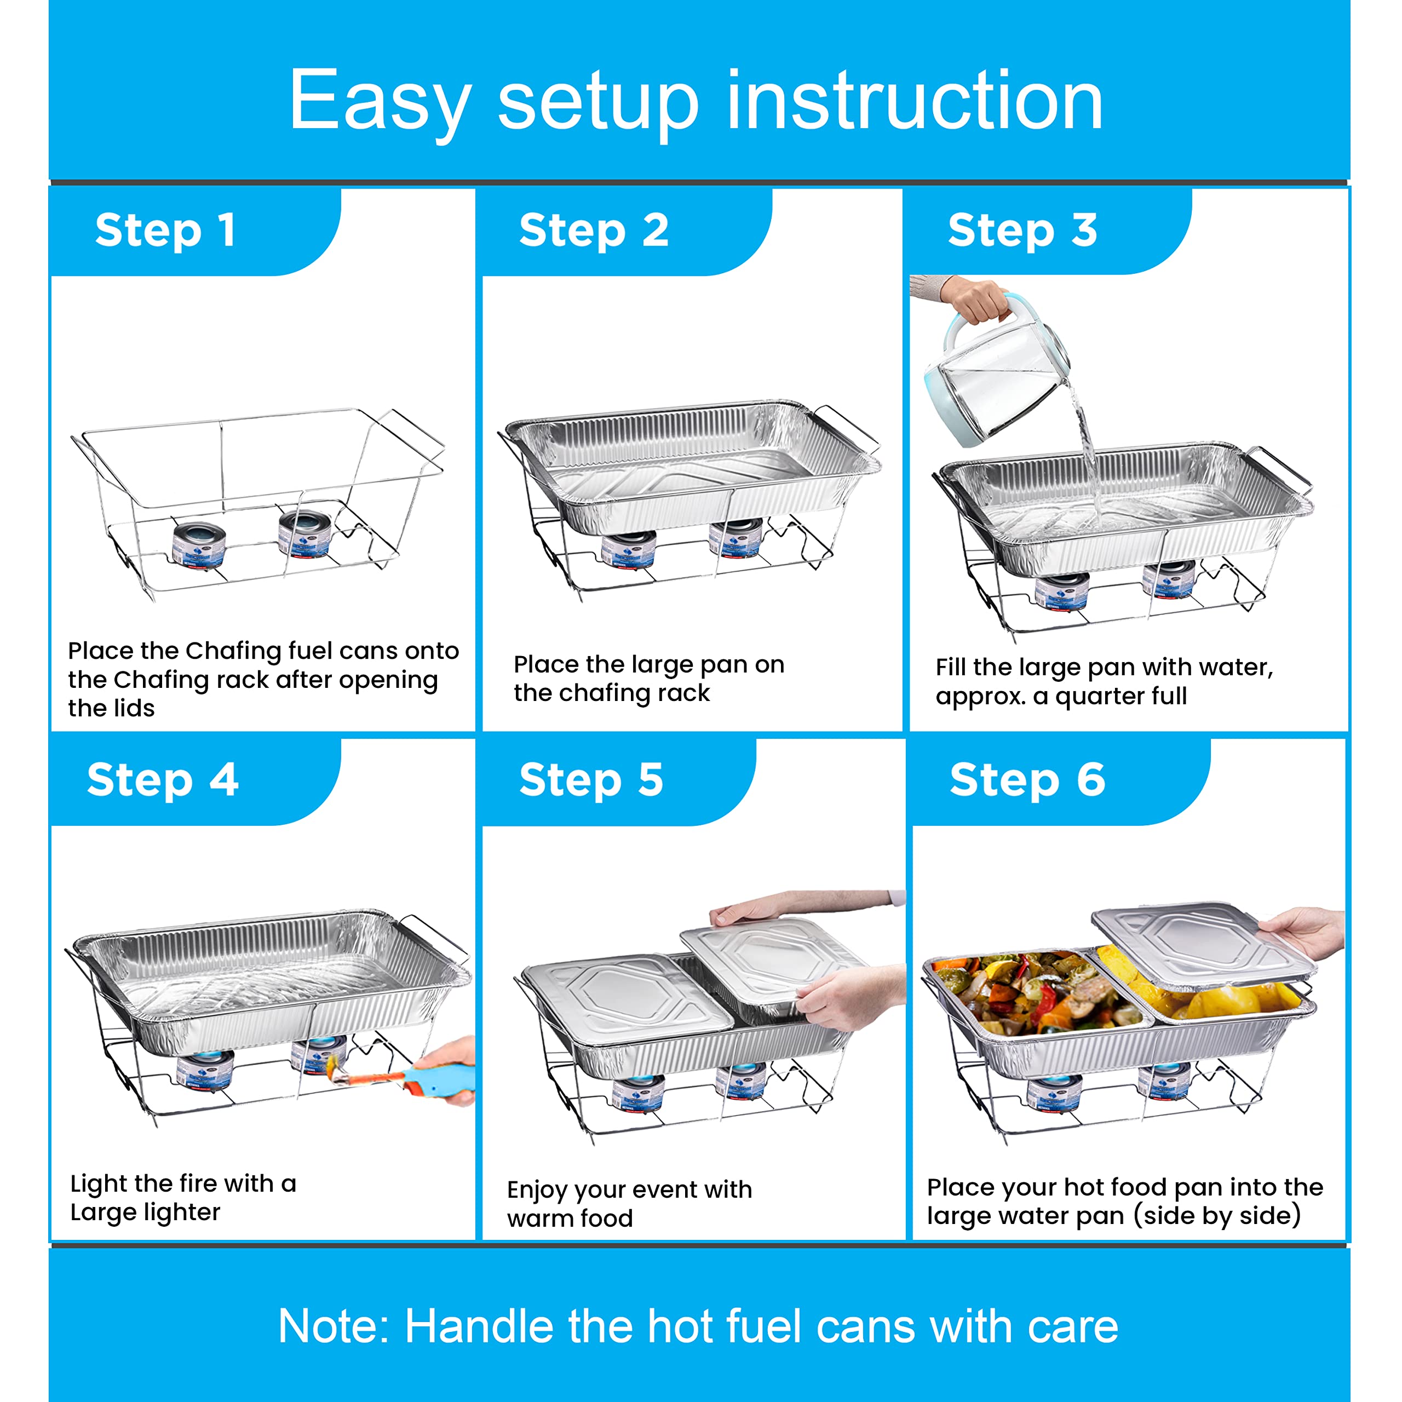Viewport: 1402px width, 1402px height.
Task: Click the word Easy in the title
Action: click(x=379, y=102)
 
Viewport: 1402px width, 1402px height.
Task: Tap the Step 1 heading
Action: click(x=165, y=231)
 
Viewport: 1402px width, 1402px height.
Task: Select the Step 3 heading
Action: click(x=1022, y=231)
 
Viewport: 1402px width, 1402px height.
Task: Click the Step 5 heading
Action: click(x=591, y=780)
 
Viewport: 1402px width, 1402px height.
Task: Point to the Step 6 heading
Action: click(x=1027, y=780)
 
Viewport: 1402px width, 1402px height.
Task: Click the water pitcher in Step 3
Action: click(x=994, y=377)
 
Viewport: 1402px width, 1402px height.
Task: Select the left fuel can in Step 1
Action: click(x=199, y=544)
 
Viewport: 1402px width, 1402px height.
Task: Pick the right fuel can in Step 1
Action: click(x=305, y=533)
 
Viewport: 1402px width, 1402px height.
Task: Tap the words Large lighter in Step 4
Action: click(x=145, y=1213)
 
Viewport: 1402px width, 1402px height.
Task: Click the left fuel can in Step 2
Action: click(x=628, y=548)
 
